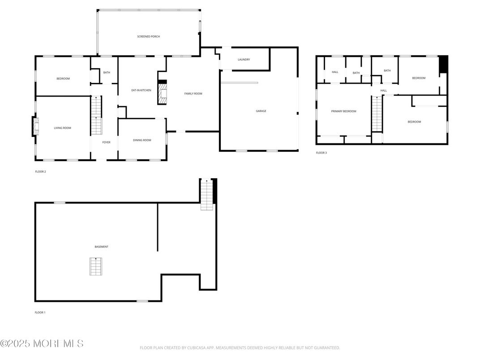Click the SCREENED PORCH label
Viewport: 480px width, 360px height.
(148, 36)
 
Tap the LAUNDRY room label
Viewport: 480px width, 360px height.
(244, 60)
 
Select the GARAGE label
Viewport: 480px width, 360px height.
(261, 111)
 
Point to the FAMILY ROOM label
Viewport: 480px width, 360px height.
(193, 94)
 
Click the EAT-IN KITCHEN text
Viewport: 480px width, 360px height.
(141, 90)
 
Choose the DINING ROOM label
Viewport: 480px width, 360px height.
(142, 140)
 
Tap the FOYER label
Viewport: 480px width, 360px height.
(106, 142)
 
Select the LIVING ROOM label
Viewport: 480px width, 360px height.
(63, 128)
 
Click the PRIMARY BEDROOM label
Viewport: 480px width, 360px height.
(343, 111)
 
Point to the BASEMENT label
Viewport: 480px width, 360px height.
(101, 247)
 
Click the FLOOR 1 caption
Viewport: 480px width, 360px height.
(40, 313)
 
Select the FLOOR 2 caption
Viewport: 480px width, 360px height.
(40, 171)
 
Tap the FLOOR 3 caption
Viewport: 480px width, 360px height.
(321, 153)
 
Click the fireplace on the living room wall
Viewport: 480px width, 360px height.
(34, 126)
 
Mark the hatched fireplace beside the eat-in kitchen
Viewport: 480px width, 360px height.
(162, 93)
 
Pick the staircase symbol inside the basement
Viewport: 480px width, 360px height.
(95, 266)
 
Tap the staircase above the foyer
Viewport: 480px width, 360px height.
(96, 116)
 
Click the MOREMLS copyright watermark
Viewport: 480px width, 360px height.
(42, 344)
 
